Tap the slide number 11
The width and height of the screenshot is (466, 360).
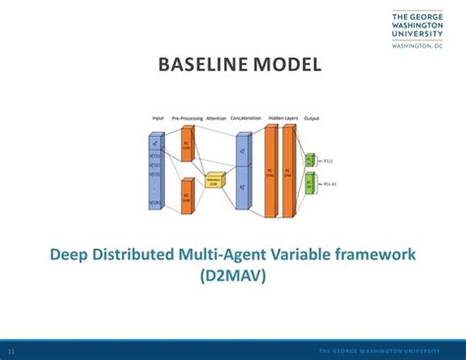point(11,351)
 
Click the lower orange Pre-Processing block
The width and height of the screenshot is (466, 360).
point(187,196)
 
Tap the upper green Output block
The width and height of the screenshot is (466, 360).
point(310,159)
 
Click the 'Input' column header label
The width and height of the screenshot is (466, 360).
point(157,117)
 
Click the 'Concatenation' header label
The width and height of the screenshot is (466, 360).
point(245,117)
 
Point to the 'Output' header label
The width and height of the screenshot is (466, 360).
point(312,117)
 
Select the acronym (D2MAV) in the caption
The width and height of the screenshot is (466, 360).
point(233,276)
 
